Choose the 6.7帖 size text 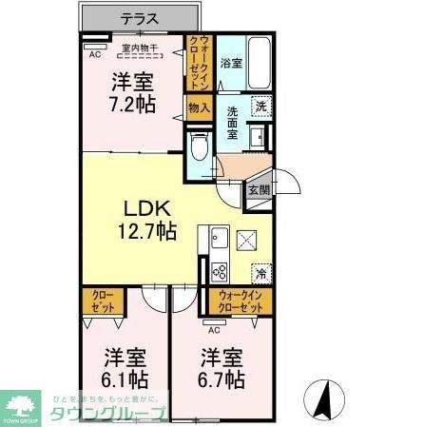point(222,379)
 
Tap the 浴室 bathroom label point(230,64)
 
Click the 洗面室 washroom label point(233,122)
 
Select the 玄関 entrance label point(259,189)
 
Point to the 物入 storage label point(198,107)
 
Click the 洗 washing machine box point(261,107)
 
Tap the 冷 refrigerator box point(261,273)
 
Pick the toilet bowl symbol point(199,147)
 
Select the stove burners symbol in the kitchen point(218,271)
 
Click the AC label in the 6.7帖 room point(214,331)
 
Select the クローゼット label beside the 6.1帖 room point(103,303)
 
